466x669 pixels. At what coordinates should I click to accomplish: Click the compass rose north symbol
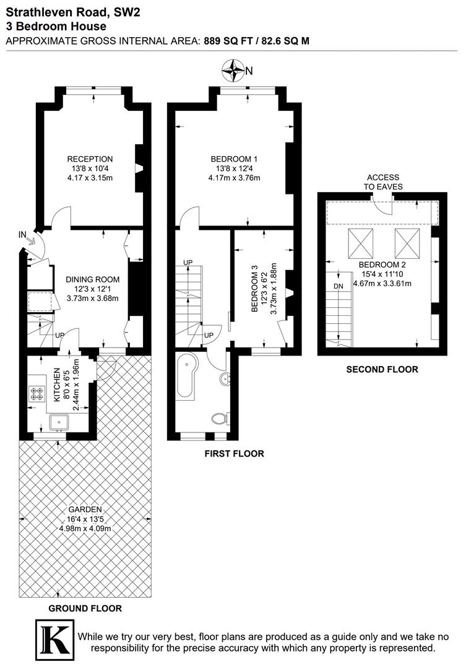click(x=235, y=71)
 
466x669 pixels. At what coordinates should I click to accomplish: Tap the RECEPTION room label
click(x=90, y=159)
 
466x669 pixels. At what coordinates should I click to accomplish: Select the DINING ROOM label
click(x=92, y=279)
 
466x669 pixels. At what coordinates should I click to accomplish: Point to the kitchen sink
click(x=60, y=422)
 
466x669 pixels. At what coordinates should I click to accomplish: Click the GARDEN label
click(x=85, y=510)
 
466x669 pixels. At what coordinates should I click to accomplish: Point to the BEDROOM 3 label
click(x=255, y=290)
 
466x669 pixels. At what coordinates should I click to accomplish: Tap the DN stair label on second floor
click(x=338, y=286)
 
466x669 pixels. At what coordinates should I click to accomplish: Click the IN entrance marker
click(x=23, y=235)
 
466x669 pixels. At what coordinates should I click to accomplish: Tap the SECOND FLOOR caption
click(x=382, y=370)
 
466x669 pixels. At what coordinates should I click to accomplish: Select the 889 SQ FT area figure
click(x=227, y=40)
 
